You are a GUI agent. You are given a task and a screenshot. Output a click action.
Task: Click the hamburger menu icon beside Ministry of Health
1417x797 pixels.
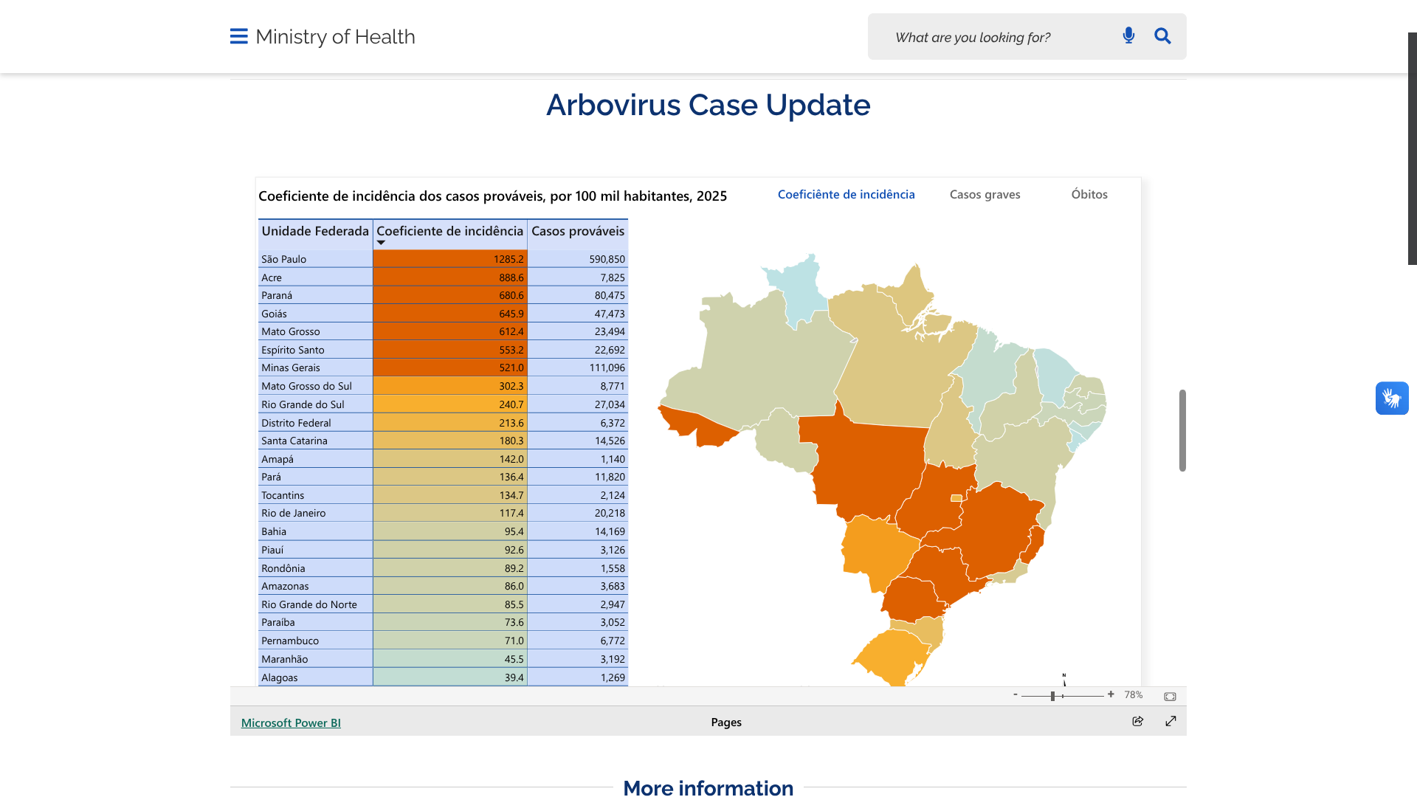point(238,36)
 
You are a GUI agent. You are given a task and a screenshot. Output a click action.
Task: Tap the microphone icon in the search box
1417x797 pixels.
point(1128,35)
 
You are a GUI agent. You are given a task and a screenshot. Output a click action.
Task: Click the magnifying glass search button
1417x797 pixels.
point(1162,35)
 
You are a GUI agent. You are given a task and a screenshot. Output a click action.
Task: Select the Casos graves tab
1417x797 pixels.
point(985,194)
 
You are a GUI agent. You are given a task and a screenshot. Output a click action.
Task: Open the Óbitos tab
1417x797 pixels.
point(1089,194)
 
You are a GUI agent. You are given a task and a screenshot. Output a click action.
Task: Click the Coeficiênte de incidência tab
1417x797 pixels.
point(846,194)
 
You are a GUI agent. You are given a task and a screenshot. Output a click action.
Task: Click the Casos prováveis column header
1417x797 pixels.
point(578,231)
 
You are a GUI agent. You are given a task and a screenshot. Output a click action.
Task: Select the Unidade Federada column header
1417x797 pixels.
point(315,231)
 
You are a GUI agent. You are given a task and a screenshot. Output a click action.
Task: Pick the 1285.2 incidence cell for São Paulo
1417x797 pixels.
point(449,259)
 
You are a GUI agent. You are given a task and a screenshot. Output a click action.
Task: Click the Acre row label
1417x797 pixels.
point(272,277)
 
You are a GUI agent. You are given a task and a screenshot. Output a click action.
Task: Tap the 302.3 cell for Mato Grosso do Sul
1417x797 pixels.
point(449,386)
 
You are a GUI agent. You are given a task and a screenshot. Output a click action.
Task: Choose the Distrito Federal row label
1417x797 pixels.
point(296,423)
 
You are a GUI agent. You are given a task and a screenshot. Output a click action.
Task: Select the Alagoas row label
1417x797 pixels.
point(280,677)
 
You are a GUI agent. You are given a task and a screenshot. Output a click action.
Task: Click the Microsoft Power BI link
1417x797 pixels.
point(291,722)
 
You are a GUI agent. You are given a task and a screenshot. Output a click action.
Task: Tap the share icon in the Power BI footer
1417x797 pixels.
point(1137,721)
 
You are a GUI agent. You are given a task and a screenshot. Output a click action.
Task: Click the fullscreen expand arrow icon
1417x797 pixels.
point(1171,721)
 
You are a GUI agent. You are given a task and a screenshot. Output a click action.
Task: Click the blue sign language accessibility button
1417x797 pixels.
point(1392,398)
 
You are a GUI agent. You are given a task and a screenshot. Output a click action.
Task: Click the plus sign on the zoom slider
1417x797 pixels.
point(1111,694)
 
